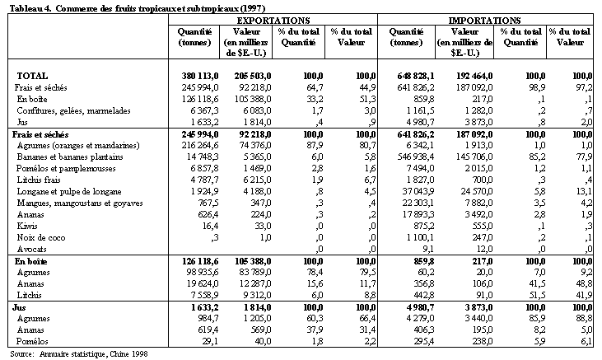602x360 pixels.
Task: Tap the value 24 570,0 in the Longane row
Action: pos(469,189)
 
